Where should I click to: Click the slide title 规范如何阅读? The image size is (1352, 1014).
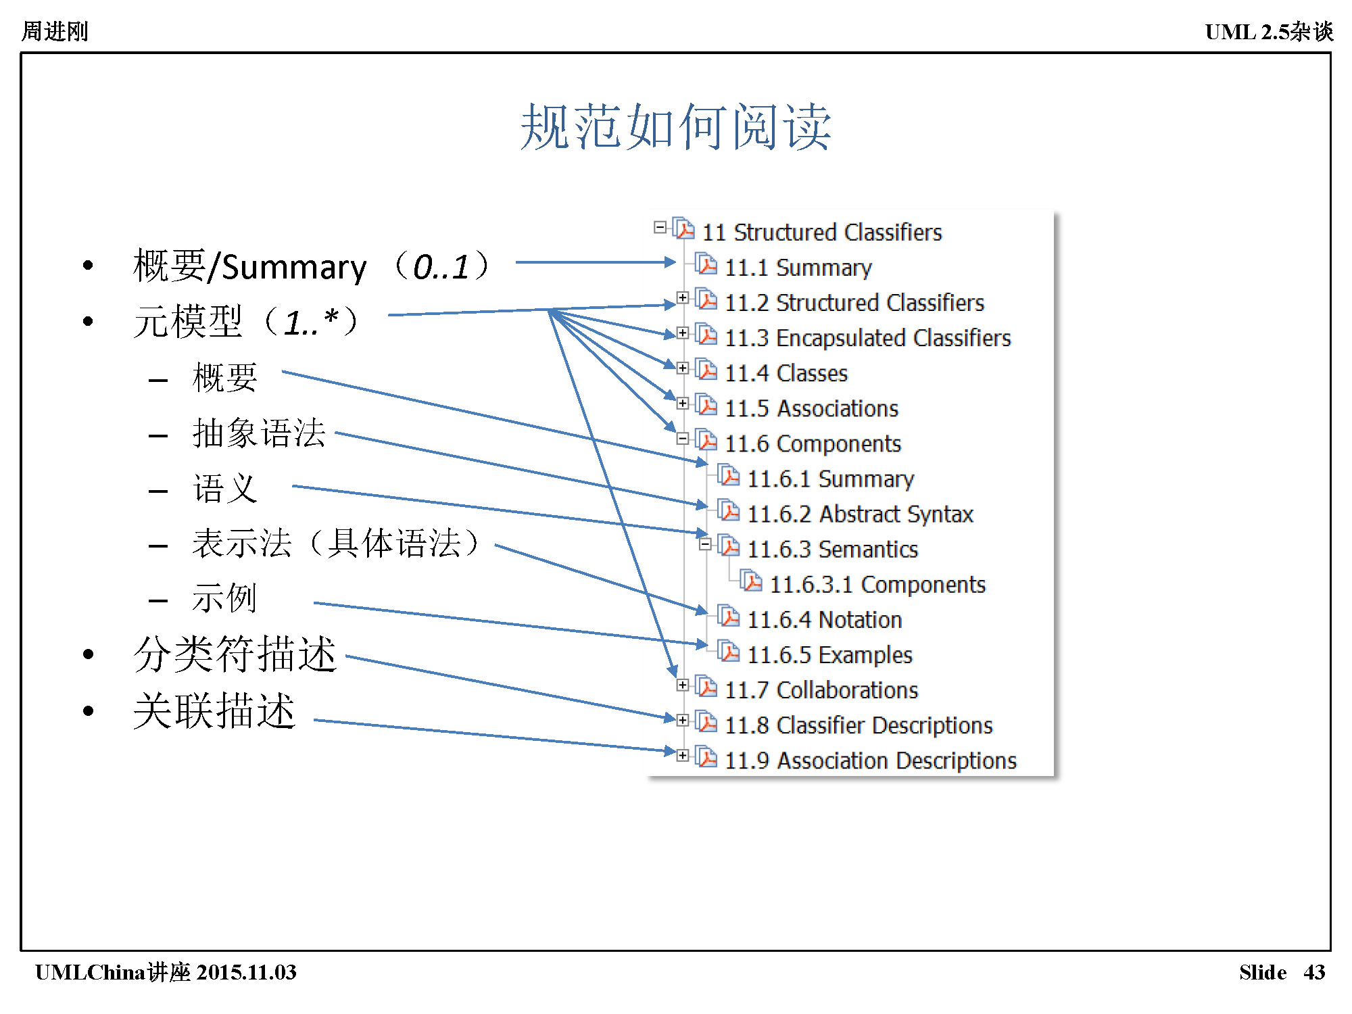tap(675, 127)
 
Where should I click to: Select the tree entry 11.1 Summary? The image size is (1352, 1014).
tap(798, 268)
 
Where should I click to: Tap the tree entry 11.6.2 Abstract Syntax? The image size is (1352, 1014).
tap(859, 514)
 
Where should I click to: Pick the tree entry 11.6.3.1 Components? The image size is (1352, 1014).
tap(877, 585)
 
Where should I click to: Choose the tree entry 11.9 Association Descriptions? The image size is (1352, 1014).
tap(870, 760)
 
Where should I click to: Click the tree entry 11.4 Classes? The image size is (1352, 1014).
tap(786, 373)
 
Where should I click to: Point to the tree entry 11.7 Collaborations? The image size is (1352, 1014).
tap(821, 690)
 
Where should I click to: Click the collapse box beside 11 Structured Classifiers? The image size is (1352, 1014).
tap(660, 228)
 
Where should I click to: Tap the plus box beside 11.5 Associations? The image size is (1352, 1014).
tap(683, 404)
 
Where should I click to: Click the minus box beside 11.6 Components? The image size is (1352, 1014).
tap(683, 439)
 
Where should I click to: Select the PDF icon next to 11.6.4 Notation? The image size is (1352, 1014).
tap(729, 617)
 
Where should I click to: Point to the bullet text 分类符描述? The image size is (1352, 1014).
tap(235, 654)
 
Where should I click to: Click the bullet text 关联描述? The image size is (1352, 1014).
tap(214, 710)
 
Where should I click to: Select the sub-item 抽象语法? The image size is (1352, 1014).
tap(259, 433)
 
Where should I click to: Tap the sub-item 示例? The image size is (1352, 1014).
tap(224, 598)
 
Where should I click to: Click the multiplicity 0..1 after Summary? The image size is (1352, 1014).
tap(441, 267)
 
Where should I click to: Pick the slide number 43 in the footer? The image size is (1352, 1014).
tap(1314, 972)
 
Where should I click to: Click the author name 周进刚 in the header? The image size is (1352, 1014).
tap(55, 31)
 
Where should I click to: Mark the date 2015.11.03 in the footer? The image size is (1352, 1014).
tap(247, 972)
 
